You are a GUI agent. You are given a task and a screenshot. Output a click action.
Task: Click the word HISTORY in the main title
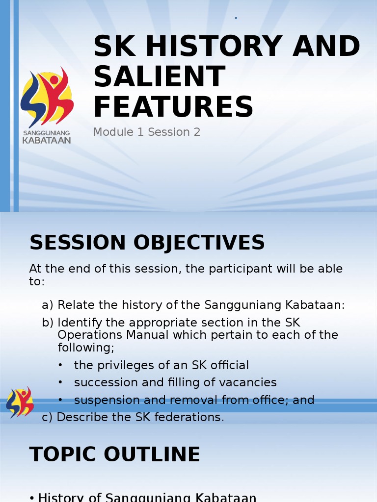pos(214,46)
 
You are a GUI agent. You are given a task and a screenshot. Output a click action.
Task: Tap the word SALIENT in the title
pos(160,76)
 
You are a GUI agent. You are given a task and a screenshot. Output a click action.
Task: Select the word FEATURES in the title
pos(173,106)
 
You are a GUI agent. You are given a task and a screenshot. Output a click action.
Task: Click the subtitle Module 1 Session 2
pos(147,132)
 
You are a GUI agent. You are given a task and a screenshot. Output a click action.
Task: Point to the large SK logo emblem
pos(47,97)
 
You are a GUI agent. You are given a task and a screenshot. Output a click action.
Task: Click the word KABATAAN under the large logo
pos(47,140)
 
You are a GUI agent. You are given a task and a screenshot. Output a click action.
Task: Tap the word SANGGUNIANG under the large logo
pos(47,132)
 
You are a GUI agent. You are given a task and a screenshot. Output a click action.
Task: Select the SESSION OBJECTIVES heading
pos(147,242)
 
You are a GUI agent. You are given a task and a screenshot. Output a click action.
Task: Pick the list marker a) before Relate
pos(48,305)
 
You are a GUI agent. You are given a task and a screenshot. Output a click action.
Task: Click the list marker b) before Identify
pos(48,323)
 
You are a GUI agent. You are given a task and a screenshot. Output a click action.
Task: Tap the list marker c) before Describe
pos(47,417)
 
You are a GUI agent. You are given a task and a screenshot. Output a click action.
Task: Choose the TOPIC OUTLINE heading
pos(115,454)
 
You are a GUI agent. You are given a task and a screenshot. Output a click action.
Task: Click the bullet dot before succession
pos(60,382)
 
